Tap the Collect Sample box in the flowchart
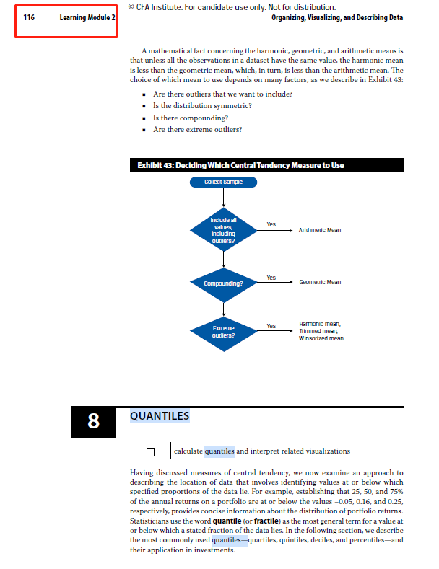pos(222,182)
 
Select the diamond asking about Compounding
pos(222,283)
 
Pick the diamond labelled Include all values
pos(222,230)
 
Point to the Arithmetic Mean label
pos(319,230)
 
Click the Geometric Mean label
pos(319,283)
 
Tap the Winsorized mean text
pos(321,338)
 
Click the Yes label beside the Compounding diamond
pos(271,278)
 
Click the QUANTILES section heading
pos(160,416)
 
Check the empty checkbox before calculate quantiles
pos(151,452)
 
